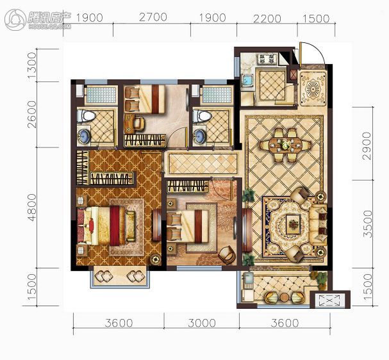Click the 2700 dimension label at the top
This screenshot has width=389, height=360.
coord(153,17)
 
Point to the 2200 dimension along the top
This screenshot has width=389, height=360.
coord(267,19)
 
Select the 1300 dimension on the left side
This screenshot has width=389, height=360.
coord(32,65)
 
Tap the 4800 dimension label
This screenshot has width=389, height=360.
coord(32,208)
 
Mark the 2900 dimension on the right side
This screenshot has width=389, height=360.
coord(367,146)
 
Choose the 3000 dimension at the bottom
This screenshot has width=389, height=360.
coord(202,323)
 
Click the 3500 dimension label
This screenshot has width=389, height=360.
coord(368,224)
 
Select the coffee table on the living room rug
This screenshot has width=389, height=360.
coord(294,224)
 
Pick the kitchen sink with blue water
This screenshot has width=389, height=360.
coord(247,79)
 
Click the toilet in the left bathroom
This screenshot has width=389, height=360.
coord(86,116)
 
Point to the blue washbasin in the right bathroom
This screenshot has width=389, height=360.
coord(199,136)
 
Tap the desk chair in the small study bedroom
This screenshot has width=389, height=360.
coord(139,124)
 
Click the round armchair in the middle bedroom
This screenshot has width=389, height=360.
coord(227,255)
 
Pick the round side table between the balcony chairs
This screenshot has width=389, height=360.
coord(285,297)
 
